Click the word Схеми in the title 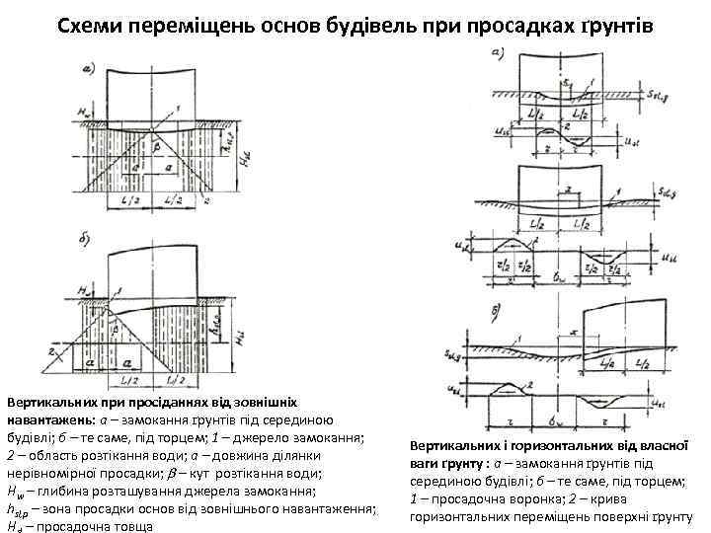tap(85, 24)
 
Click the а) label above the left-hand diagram tap(88, 68)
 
